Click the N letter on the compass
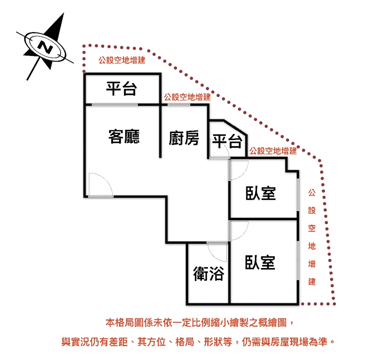pyautogui.click(x=45, y=47)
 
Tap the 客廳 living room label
pyautogui.click(x=124, y=137)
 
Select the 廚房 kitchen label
pyautogui.click(x=184, y=138)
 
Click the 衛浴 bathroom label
pyautogui.click(x=209, y=274)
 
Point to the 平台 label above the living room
pyautogui.click(x=122, y=89)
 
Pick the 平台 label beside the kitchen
pyautogui.click(x=227, y=141)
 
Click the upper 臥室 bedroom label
pyautogui.click(x=261, y=193)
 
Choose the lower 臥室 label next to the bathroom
pyautogui.click(x=260, y=262)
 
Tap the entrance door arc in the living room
pyautogui.click(x=107, y=180)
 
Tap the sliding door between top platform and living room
pyautogui.click(x=115, y=104)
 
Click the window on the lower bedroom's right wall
pyautogui.click(x=298, y=260)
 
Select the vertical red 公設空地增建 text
pyautogui.click(x=312, y=237)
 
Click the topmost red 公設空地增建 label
pyautogui.click(x=122, y=60)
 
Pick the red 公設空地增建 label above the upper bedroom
pyautogui.click(x=273, y=151)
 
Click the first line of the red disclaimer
pyautogui.click(x=200, y=323)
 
